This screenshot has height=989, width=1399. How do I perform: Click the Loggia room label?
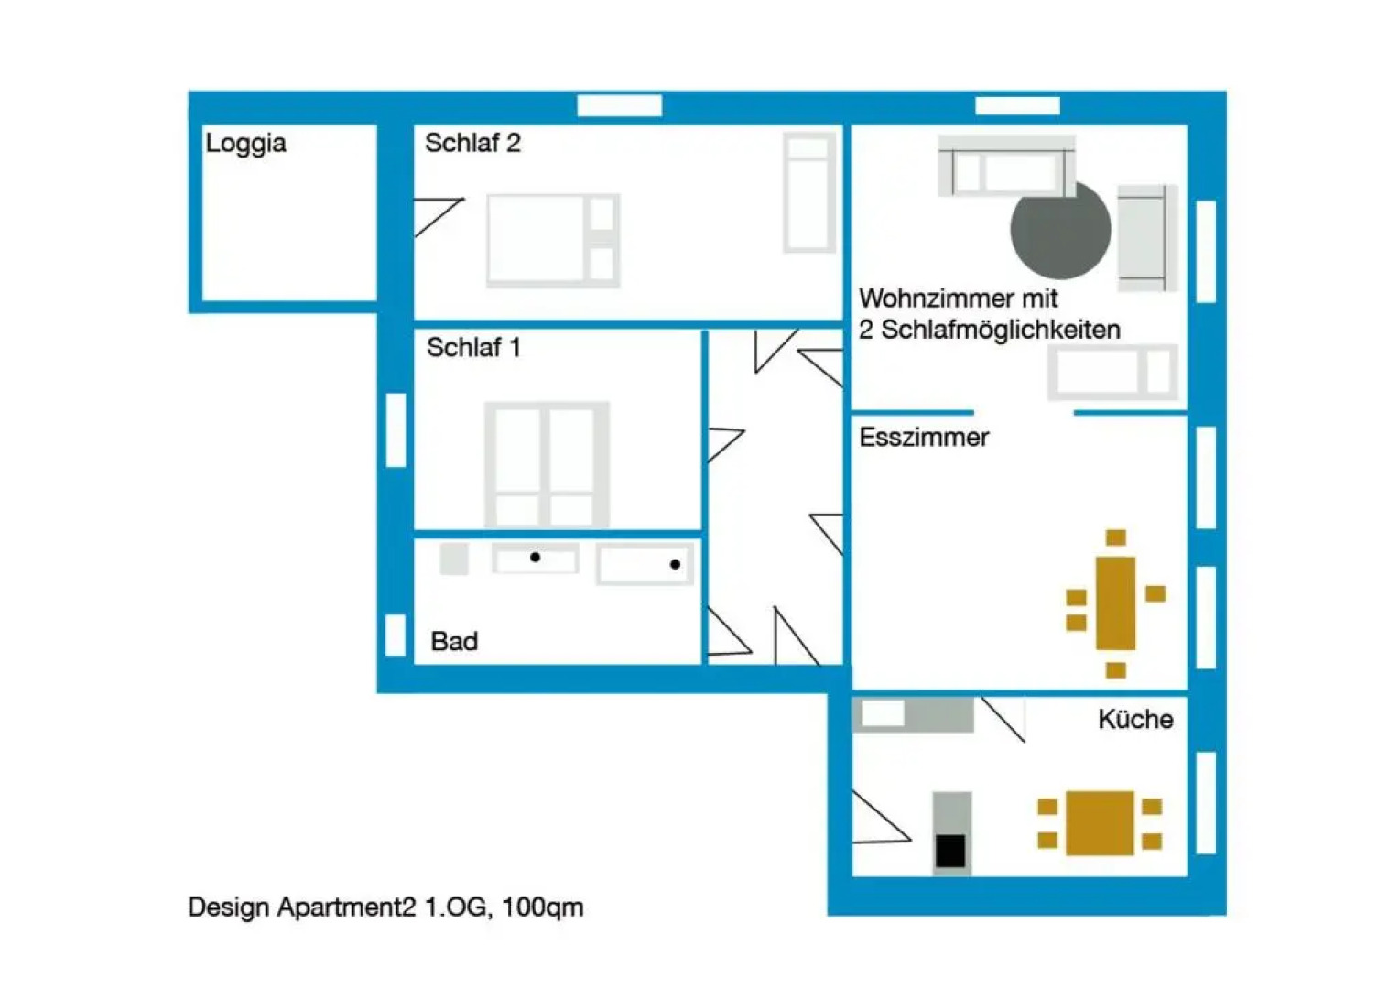pyautogui.click(x=245, y=144)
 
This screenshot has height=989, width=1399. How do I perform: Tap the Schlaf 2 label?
pyautogui.click(x=472, y=143)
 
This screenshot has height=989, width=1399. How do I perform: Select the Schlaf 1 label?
pyautogui.click(x=473, y=348)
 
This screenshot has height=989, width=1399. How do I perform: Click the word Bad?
pyautogui.click(x=454, y=641)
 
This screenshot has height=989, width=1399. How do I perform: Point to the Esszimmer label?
pyautogui.click(x=924, y=438)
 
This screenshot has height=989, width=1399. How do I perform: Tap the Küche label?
pyautogui.click(x=1135, y=720)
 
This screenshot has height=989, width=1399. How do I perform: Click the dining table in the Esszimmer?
pyautogui.click(x=1115, y=603)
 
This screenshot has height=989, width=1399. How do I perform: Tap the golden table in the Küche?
pyautogui.click(x=1100, y=823)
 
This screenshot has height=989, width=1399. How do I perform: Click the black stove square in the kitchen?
pyautogui.click(x=950, y=851)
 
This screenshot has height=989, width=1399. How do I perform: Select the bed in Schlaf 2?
pyautogui.click(x=552, y=241)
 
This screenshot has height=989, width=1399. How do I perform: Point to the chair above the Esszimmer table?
pyautogui.click(x=1115, y=538)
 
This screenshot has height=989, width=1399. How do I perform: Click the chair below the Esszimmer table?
pyautogui.click(x=1115, y=670)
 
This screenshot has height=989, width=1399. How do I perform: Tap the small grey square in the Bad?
pyautogui.click(x=454, y=559)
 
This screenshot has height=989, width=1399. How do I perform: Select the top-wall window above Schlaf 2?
pyautogui.click(x=619, y=106)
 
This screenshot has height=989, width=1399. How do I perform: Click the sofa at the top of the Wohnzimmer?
pyautogui.click(x=1006, y=167)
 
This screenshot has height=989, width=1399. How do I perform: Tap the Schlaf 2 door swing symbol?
pyautogui.click(x=437, y=216)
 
